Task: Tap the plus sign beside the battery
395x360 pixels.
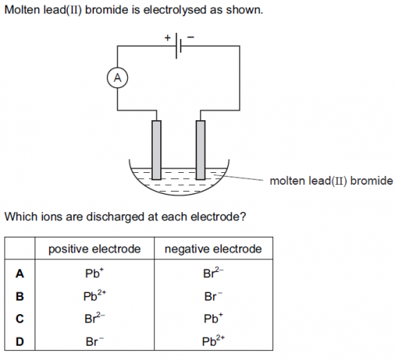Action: point(168,38)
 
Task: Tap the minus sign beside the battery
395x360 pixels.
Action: point(190,38)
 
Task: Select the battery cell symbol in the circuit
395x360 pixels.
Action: point(178,46)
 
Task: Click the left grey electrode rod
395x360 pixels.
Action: point(156,150)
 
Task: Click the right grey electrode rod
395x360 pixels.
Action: point(201,150)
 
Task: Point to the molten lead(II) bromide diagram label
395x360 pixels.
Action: point(331,181)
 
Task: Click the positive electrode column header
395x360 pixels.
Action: point(95,249)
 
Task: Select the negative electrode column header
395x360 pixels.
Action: point(213,249)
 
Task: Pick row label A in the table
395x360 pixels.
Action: point(20,274)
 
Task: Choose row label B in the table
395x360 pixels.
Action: point(20,296)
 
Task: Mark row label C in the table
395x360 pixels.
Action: point(20,319)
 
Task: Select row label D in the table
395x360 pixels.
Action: point(20,342)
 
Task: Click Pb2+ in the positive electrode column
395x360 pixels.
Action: point(95,295)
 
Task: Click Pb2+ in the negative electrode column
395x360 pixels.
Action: point(213,340)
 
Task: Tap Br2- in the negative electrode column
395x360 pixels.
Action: point(213,273)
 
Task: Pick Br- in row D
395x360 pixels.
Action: point(95,341)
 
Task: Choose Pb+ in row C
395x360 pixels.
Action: point(213,318)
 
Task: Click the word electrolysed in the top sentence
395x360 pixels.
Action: point(175,11)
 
